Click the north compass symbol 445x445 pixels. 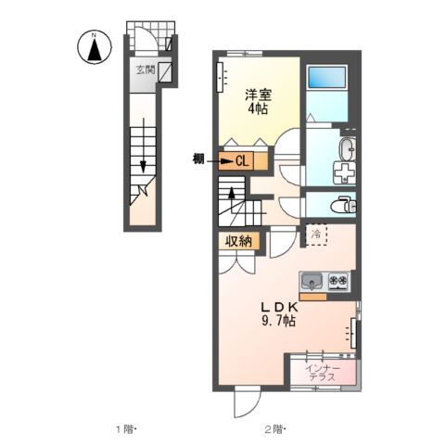click(93, 47)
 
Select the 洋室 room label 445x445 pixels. click(257, 95)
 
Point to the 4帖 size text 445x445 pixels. click(257, 109)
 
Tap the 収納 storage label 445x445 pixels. click(237, 240)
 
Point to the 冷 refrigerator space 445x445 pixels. click(316, 235)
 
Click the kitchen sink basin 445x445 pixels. click(311, 280)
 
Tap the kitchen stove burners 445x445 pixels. click(337, 280)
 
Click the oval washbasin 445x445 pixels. click(346, 148)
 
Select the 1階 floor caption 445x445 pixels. click(125, 429)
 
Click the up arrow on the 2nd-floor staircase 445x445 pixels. click(231, 197)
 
